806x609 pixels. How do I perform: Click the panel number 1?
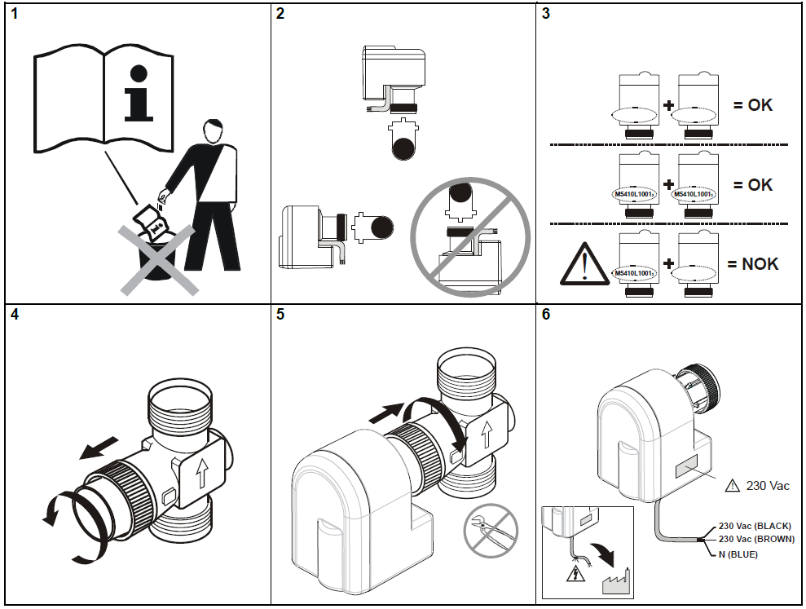point(12,15)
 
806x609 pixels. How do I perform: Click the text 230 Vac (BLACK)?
point(755,527)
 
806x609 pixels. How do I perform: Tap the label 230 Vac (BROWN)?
point(756,539)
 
